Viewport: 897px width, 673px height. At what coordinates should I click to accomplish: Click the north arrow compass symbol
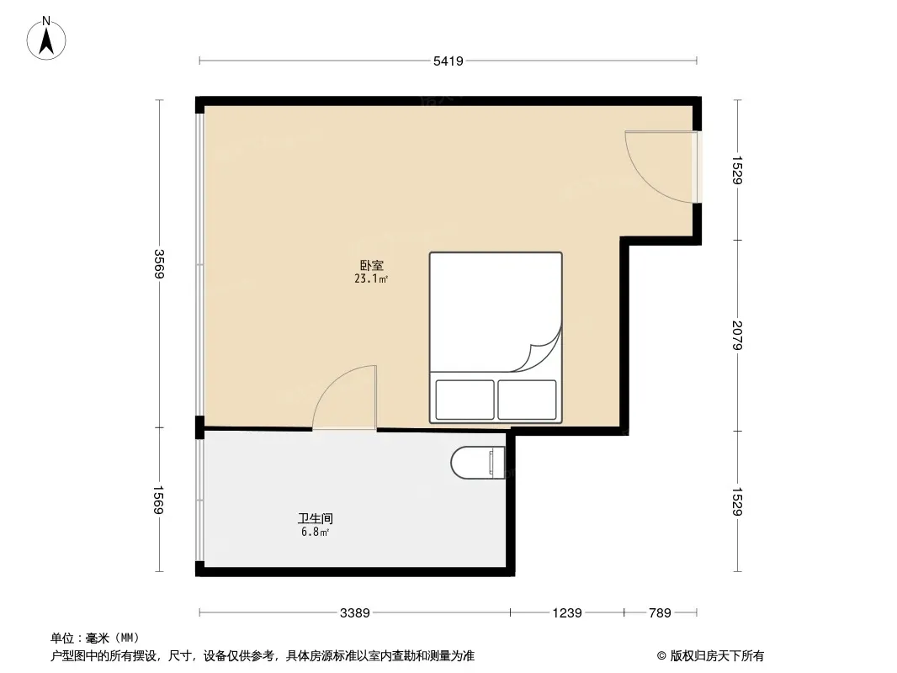pos(48,38)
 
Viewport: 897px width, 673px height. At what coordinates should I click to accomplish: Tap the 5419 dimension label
pos(448,61)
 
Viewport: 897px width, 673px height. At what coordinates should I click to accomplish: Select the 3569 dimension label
pos(159,264)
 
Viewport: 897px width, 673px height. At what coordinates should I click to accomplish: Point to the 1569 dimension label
pos(159,501)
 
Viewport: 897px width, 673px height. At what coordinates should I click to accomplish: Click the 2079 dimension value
pos(738,336)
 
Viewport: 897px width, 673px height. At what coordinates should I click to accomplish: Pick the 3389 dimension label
pos(354,612)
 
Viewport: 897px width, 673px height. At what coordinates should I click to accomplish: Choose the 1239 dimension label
pos(567,612)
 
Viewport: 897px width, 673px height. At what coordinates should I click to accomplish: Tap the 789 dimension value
pos(660,612)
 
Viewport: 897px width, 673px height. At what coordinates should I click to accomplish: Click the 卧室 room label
pos(371,264)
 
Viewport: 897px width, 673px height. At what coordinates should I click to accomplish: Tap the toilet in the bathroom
pos(478,463)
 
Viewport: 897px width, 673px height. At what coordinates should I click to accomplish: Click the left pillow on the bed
pos(464,399)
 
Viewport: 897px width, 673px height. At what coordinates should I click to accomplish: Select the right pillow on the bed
pos(527,399)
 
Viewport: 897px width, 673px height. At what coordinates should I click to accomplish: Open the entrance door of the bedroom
pos(661,167)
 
